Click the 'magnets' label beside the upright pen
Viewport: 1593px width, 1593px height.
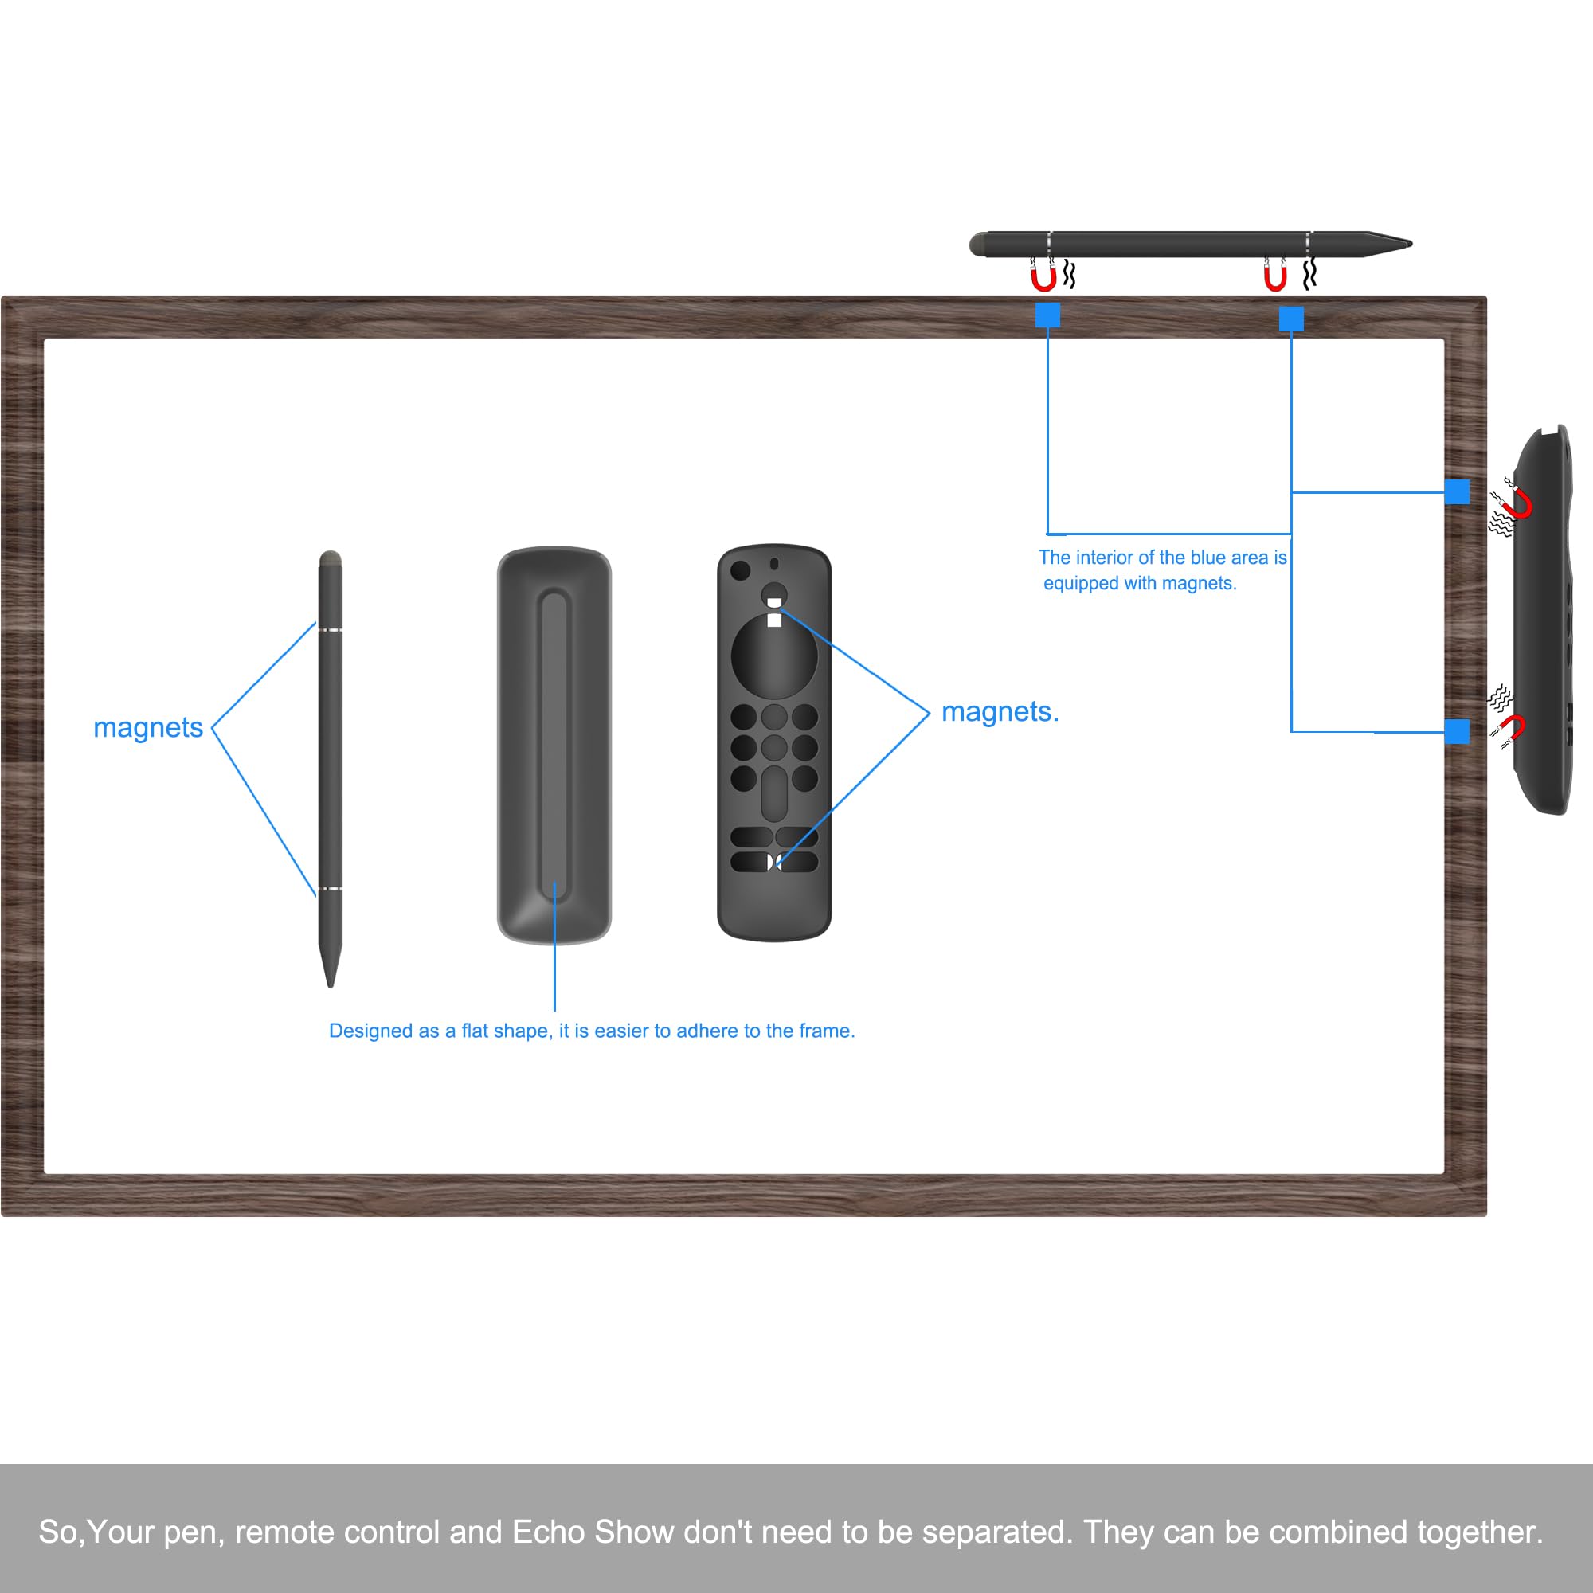point(147,727)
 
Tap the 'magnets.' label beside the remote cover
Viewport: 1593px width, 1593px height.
point(1000,711)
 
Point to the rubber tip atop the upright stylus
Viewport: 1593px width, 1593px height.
point(330,559)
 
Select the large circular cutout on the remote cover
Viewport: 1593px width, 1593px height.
point(773,656)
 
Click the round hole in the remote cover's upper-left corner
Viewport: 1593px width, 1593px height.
point(740,569)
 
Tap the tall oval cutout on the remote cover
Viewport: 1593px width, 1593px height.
point(773,793)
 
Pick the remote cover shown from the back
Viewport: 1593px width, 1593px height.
point(554,744)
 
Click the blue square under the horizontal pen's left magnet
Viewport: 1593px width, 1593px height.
point(1047,315)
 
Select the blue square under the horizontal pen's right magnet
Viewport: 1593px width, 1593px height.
point(1290,319)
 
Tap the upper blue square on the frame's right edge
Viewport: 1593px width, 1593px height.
point(1456,491)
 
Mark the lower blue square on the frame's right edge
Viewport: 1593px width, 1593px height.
point(1456,730)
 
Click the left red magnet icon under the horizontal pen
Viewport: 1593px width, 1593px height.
point(1043,277)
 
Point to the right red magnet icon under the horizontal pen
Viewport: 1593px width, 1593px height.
point(1274,277)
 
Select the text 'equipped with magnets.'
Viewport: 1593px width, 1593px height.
point(1140,583)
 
